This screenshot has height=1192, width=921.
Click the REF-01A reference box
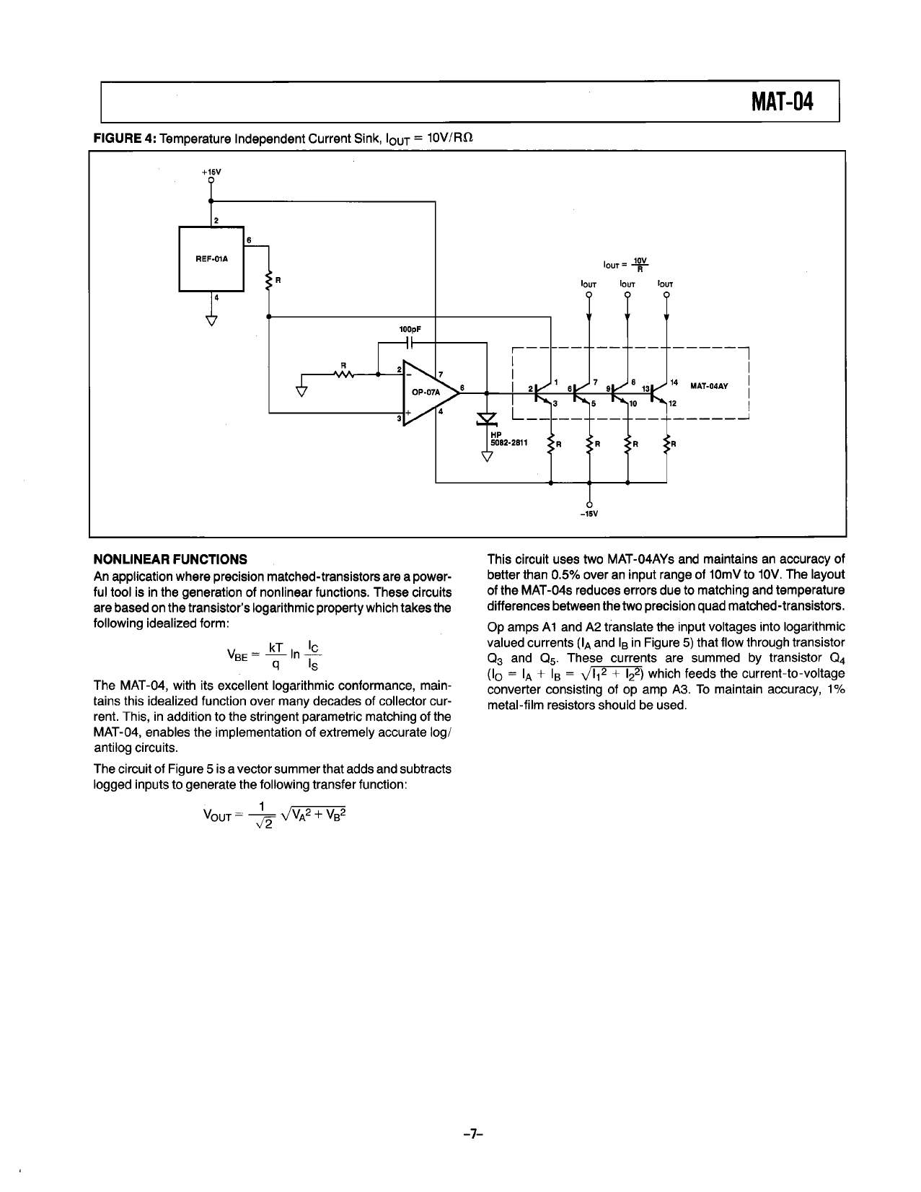211,258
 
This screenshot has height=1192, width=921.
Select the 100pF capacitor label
410,329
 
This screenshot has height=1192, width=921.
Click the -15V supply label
589,514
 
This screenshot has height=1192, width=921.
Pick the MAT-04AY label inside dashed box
709,385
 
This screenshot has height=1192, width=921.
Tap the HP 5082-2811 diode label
509,440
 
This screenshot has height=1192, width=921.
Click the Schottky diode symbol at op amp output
488,419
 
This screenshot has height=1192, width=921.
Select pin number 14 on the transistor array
674,381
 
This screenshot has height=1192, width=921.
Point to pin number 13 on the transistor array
645,388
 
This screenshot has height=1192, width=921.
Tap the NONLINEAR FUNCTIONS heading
170,559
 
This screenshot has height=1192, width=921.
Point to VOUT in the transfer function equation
216,815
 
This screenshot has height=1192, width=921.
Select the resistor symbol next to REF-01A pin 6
269,281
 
